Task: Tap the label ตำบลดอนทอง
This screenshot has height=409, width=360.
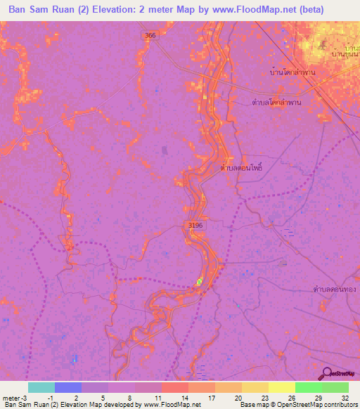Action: [x=334, y=289]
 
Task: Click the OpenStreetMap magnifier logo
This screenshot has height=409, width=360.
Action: [x=328, y=373]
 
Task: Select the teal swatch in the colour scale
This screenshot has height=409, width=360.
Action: [x=41, y=387]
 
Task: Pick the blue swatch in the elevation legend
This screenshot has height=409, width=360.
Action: [x=68, y=387]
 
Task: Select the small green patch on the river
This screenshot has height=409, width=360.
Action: [x=199, y=282]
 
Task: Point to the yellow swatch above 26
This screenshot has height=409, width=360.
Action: [x=282, y=387]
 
